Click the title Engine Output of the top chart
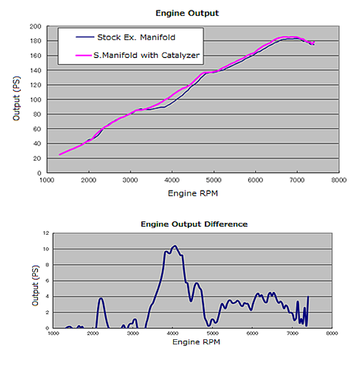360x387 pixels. [x=187, y=13]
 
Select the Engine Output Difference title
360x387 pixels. [x=194, y=224]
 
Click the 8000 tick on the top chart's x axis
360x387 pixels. [x=339, y=180]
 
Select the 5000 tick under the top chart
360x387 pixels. [x=214, y=180]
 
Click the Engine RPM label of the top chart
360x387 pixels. [x=193, y=193]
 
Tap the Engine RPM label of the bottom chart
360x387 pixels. [x=196, y=341]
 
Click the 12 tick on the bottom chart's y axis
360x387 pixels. [x=46, y=233]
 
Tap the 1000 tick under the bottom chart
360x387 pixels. [x=53, y=334]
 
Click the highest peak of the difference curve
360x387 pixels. [x=175, y=246]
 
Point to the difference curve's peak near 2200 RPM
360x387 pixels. [x=101, y=298]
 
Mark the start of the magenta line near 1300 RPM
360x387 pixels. [x=60, y=154]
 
